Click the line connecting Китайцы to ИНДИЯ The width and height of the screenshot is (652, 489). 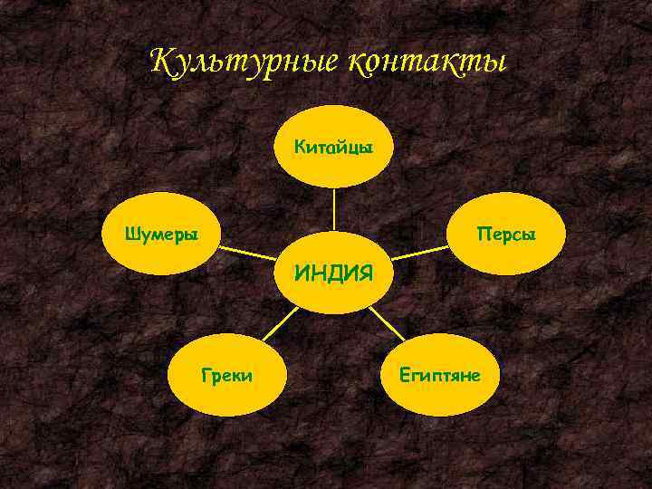click(334, 208)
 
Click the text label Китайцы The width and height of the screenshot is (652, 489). click(334, 147)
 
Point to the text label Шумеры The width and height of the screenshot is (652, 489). click(161, 234)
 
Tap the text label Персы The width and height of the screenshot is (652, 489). click(507, 235)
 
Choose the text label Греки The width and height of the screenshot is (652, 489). click(227, 373)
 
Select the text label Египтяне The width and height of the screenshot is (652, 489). click(440, 373)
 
